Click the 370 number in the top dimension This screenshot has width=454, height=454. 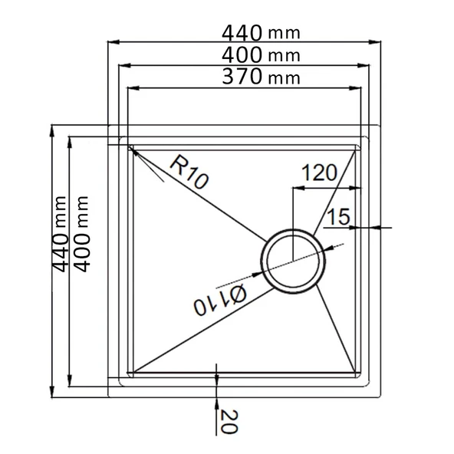pos(242,77)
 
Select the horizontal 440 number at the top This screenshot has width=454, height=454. pos(242,33)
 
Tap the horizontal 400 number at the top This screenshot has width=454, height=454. pos(242,55)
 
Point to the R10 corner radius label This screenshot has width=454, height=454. pos(189,172)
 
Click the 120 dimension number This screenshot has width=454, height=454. pos(319,173)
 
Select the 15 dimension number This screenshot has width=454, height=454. pos(338,216)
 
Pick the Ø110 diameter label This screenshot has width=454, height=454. pos(220,300)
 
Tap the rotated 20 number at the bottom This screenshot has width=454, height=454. pos(229,422)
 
